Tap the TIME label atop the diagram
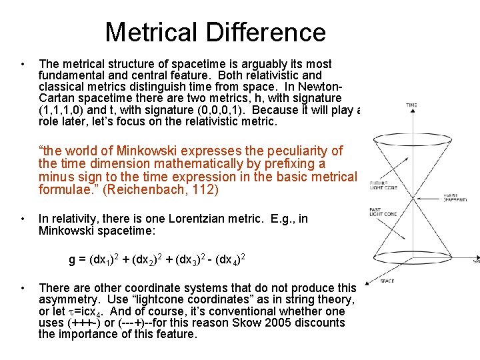[x=411, y=105]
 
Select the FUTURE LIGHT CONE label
[x=382, y=184]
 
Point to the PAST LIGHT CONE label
[x=383, y=212]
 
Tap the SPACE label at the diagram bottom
[x=387, y=281]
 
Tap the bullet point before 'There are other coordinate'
[x=23, y=288]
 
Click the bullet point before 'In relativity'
[x=23, y=218]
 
